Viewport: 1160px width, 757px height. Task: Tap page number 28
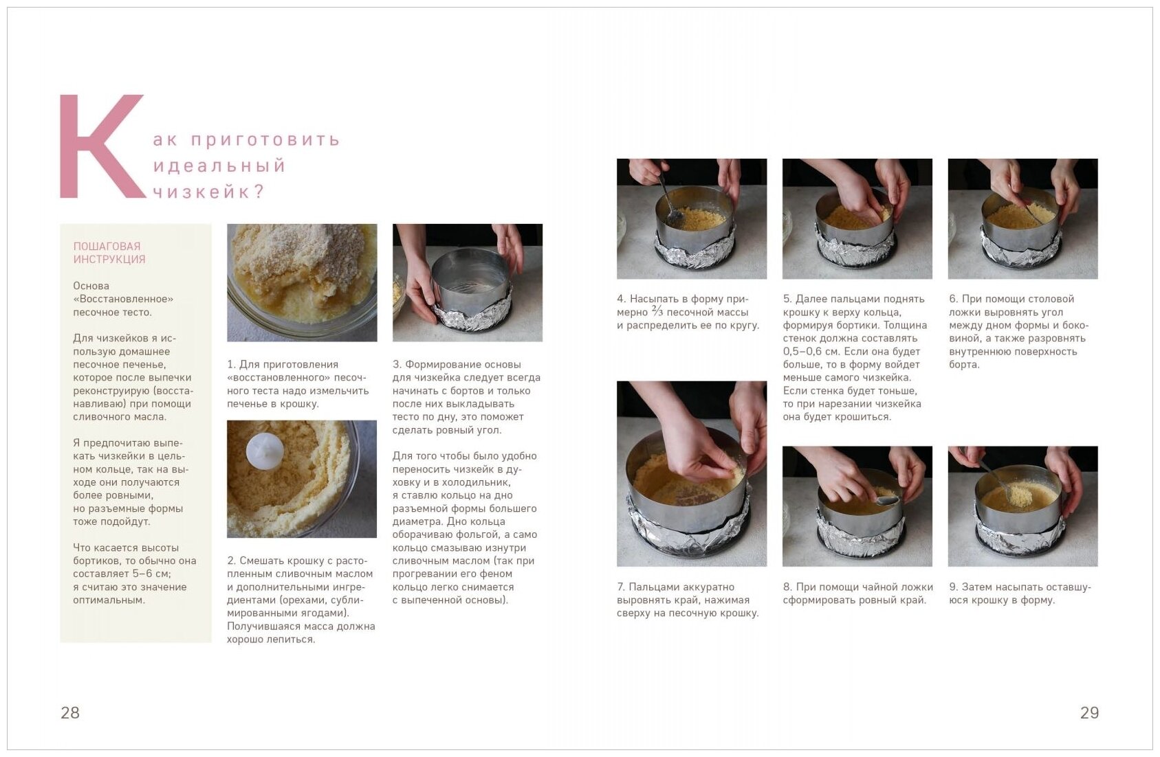coord(70,712)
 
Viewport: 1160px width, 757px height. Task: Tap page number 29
coord(1090,712)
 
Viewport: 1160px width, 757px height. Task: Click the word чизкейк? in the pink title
coord(209,192)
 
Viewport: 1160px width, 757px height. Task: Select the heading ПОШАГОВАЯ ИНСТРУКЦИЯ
coord(109,253)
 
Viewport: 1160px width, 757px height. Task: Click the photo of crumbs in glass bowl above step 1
coord(302,282)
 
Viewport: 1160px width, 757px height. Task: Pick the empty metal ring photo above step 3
coord(468,282)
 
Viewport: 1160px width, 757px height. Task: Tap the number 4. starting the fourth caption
coord(622,299)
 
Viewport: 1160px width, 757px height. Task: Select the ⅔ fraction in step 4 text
coord(657,311)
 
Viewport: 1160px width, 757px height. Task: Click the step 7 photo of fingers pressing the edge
coord(692,473)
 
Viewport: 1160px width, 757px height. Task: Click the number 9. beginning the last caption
coord(954,587)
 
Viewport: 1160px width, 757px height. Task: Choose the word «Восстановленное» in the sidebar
coord(123,299)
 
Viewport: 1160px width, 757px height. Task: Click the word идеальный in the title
coord(219,166)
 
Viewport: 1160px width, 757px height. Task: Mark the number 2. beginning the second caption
coord(232,561)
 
